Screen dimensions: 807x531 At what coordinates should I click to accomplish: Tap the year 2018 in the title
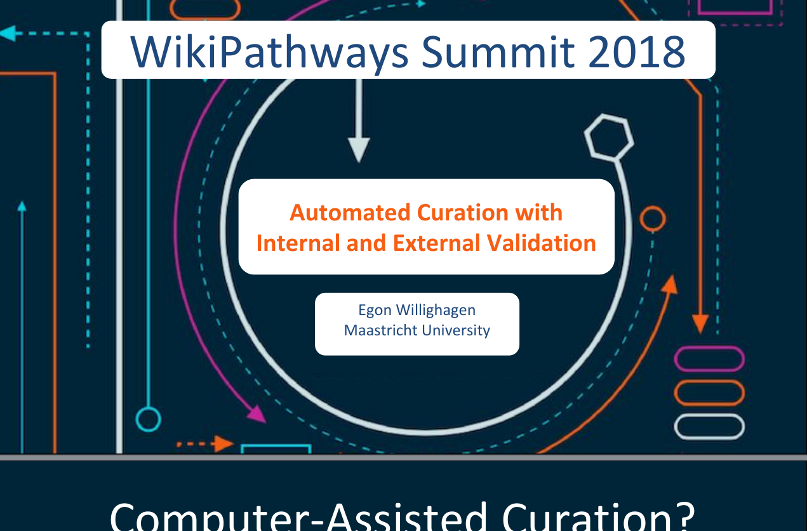(x=637, y=51)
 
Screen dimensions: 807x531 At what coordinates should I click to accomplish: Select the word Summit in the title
(x=498, y=51)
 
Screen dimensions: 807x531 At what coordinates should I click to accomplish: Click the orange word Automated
(x=350, y=212)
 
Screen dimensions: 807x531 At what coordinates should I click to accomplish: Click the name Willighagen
(x=436, y=311)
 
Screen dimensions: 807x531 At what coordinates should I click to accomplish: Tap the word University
(x=456, y=331)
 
